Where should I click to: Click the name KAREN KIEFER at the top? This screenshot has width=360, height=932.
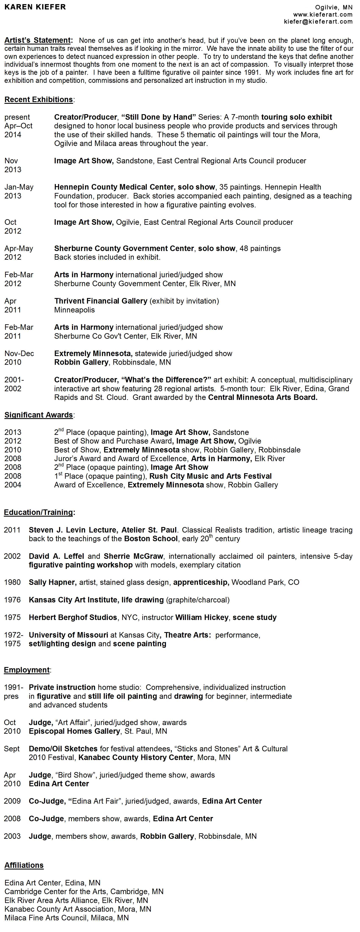(x=35, y=7)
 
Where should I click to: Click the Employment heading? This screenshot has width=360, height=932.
(x=26, y=670)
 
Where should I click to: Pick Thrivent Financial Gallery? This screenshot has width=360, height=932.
(x=101, y=301)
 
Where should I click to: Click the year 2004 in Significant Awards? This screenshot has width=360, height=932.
(x=13, y=485)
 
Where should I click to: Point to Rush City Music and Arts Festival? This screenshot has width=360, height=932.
(x=210, y=476)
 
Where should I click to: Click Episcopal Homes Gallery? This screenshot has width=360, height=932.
(x=74, y=731)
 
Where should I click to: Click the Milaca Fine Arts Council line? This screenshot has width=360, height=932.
(x=66, y=918)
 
